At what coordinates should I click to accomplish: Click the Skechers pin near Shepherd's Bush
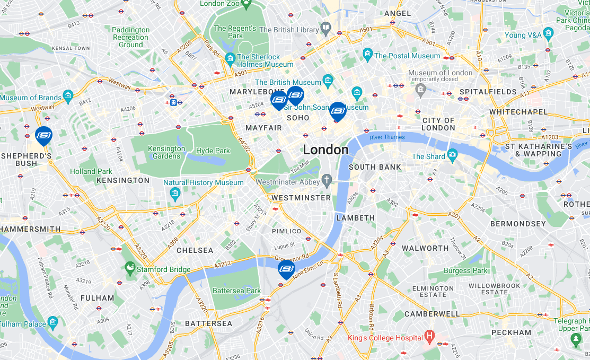tap(43, 135)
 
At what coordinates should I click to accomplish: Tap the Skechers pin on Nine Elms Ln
tap(286, 268)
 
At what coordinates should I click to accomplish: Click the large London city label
tap(325, 150)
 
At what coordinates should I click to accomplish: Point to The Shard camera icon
tap(452, 156)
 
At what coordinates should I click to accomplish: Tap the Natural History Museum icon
tap(175, 194)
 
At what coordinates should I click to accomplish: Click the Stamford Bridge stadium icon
tap(130, 269)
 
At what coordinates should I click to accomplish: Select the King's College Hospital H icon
tap(430, 337)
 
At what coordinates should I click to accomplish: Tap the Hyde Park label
tap(213, 151)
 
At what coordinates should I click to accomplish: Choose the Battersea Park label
tap(236, 291)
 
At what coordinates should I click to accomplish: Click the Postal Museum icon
tap(367, 55)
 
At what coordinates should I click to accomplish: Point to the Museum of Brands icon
tap(68, 97)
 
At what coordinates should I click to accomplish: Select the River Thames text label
tap(387, 137)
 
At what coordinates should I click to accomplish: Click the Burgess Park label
tap(465, 270)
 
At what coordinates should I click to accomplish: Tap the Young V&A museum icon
tap(548, 35)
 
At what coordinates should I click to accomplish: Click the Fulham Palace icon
tap(52, 321)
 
